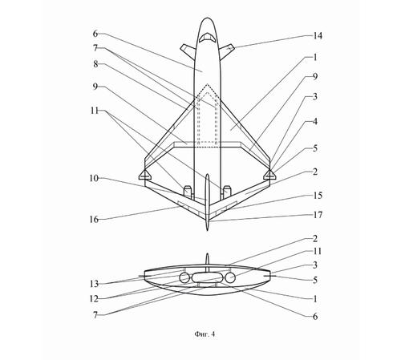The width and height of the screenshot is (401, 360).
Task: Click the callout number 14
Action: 318,36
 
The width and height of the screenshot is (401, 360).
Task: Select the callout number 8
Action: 95,64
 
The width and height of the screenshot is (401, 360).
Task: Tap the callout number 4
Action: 315,121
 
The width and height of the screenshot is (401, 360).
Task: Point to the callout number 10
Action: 94,178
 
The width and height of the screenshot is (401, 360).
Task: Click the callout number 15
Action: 318,196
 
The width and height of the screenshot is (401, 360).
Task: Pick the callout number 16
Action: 94,220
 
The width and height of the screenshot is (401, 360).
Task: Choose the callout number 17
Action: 318,215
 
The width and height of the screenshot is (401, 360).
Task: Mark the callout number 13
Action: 94,284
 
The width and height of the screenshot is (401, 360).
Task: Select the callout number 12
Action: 94,299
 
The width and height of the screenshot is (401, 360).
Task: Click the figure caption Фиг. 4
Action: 205,334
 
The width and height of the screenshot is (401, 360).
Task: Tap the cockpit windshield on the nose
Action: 207,38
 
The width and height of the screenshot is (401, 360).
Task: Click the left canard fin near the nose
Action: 188,51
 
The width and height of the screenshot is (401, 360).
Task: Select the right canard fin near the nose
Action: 227,51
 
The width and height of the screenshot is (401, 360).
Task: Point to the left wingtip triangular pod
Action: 144,175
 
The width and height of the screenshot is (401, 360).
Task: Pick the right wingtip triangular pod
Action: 269,175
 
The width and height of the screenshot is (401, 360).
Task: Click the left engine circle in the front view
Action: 184,278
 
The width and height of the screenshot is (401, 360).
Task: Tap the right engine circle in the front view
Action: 230,278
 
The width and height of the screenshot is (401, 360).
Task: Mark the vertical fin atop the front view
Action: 207,263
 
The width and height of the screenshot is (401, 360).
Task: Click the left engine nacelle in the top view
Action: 188,192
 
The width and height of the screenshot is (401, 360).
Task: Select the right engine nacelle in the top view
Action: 227,192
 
